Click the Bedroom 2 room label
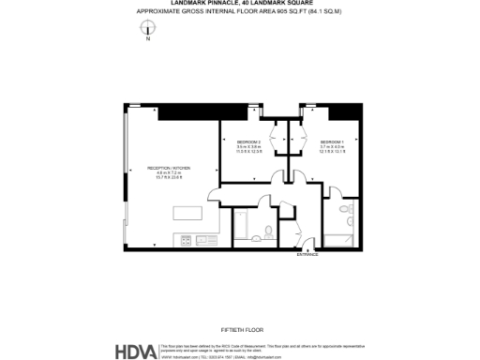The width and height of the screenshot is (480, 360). (x=248, y=142)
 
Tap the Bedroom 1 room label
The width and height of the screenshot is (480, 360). (x=332, y=142)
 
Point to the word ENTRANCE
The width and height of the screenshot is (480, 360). (x=307, y=254)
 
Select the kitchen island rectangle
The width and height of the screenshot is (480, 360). (x=187, y=213)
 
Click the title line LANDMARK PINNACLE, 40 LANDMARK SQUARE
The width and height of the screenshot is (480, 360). (x=239, y=4)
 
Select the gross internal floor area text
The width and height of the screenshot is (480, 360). (x=239, y=10)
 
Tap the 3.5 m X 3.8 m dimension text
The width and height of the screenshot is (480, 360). (x=248, y=147)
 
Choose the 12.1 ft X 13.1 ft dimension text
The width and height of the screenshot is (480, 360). (x=332, y=153)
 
